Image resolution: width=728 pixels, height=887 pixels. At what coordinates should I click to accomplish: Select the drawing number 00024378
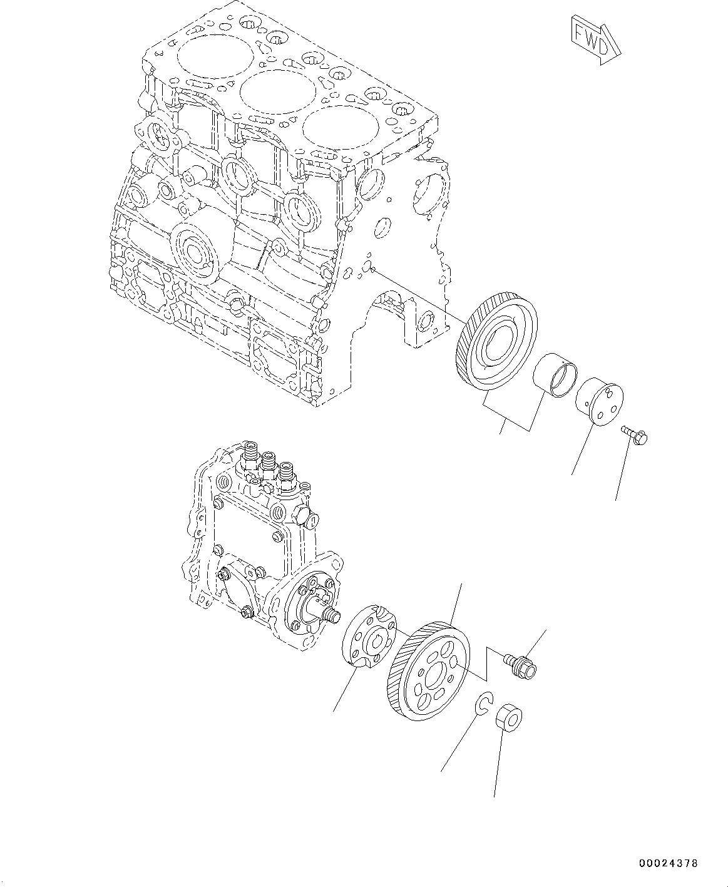pos(667,864)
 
